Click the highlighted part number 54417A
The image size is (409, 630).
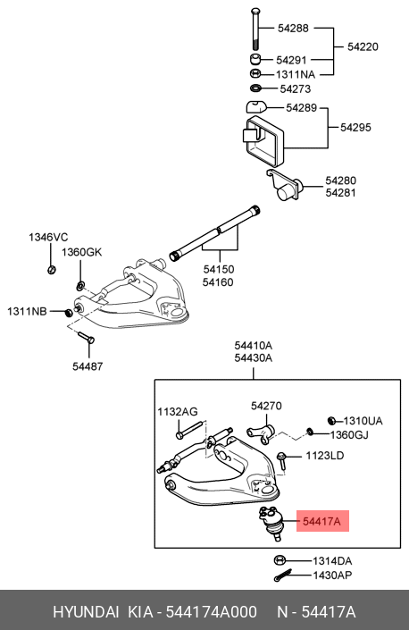coord(322,520)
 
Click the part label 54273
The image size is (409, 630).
coord(296,89)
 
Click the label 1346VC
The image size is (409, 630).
coord(48,238)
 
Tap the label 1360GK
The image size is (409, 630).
coord(82,252)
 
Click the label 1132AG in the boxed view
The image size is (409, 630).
coord(178,412)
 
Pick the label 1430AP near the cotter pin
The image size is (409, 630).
coord(333,575)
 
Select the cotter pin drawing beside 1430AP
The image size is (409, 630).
coord(284,575)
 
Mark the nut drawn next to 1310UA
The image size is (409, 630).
coord(331,420)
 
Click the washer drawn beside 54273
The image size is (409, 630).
coord(256,89)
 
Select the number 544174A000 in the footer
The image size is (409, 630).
coord(208,612)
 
